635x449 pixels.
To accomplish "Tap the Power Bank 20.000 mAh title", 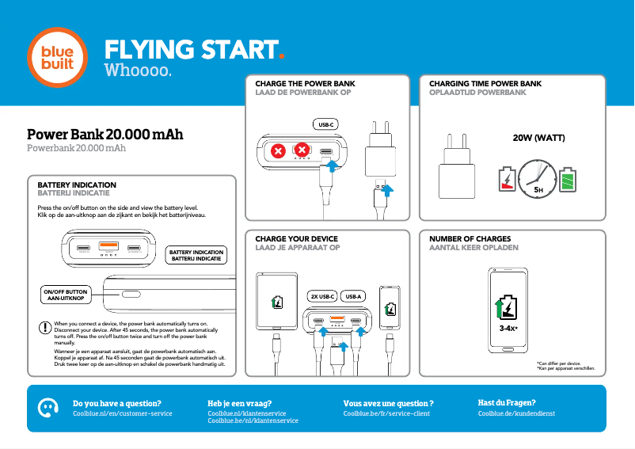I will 105,135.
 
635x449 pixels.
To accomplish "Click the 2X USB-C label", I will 322,296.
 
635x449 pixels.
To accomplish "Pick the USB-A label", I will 353,296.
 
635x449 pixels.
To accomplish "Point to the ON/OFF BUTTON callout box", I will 66,295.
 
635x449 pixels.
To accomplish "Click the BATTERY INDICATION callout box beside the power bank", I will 197,255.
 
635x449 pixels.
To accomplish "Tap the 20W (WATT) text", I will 538,138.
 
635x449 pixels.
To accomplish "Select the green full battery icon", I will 568,181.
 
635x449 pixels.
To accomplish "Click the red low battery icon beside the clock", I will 507,180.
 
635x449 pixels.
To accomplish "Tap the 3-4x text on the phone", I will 508,328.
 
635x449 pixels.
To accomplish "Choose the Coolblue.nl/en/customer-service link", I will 122,413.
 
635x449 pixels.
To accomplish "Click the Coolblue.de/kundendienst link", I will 516,413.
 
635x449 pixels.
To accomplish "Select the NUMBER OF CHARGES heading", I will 470,238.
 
